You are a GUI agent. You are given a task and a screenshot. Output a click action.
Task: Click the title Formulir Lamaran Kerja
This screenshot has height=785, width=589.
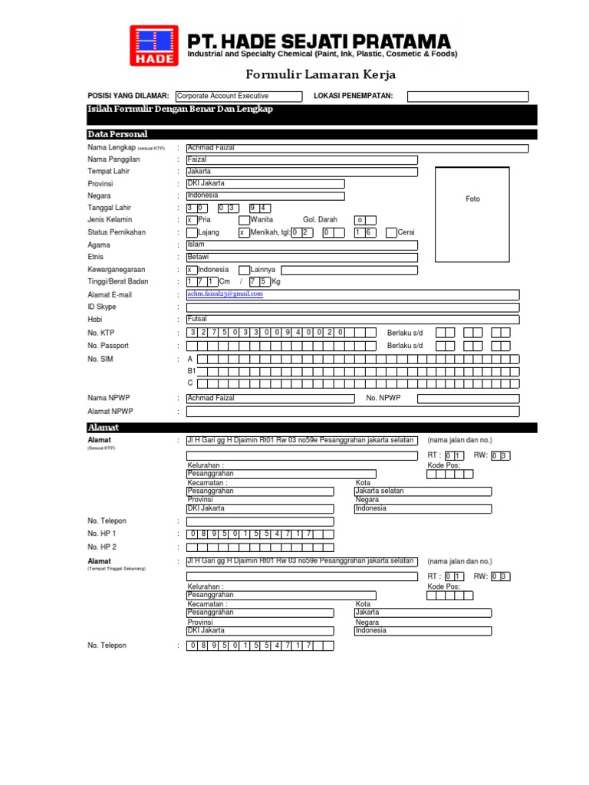(x=321, y=74)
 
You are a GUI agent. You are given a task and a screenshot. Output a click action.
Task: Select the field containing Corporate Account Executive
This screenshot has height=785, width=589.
(x=227, y=96)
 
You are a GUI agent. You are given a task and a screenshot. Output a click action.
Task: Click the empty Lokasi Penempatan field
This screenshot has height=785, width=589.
(x=467, y=96)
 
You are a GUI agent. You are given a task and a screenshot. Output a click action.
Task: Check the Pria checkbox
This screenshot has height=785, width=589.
(x=192, y=220)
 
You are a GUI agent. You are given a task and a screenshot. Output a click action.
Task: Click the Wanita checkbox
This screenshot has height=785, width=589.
(x=244, y=220)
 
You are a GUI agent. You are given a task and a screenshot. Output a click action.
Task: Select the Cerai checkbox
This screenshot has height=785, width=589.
(x=391, y=232)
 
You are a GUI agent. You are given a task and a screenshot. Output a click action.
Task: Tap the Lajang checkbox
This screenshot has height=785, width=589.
(x=192, y=232)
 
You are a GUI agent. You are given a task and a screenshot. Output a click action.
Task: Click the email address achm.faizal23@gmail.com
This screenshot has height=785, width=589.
(x=231, y=294)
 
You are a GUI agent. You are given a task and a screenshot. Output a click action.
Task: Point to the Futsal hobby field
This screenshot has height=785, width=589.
(x=352, y=320)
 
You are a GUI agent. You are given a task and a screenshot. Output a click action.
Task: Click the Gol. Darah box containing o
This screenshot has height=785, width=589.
(x=360, y=220)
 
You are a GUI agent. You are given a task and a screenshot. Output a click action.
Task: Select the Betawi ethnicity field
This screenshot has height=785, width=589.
(x=301, y=258)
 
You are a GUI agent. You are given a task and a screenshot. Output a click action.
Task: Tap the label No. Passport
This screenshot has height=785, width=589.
(x=108, y=346)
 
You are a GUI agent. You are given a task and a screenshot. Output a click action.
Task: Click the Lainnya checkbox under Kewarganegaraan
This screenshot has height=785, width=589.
(x=244, y=270)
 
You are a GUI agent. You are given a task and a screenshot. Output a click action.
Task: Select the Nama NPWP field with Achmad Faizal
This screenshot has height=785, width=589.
(x=270, y=399)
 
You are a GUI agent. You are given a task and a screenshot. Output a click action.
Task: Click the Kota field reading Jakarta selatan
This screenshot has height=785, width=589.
(x=423, y=491)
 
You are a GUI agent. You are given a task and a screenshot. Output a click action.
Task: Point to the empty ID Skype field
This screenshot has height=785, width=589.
(x=352, y=307)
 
